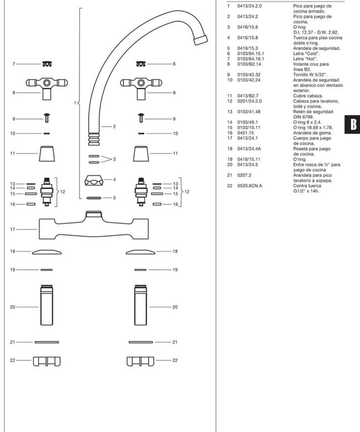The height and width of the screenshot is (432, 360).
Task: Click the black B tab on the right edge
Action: [x=353, y=124]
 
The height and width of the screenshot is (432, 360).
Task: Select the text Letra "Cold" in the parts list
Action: [x=303, y=54]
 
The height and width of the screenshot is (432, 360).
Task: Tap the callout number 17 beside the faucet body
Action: [x=12, y=229]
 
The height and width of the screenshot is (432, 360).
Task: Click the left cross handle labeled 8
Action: [x=46, y=85]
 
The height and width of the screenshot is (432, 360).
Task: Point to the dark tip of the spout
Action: [x=199, y=40]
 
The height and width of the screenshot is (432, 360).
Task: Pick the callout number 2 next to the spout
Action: [x=114, y=127]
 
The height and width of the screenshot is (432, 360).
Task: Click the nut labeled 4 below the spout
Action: [x=93, y=181]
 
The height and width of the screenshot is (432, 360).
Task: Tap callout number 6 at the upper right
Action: [x=174, y=64]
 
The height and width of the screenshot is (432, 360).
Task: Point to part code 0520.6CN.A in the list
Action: [x=248, y=185]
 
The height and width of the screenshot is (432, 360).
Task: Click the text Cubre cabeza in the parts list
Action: [x=305, y=96]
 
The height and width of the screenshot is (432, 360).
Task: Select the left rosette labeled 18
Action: [x=46, y=252]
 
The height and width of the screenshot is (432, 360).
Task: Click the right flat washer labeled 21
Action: [x=141, y=342]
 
